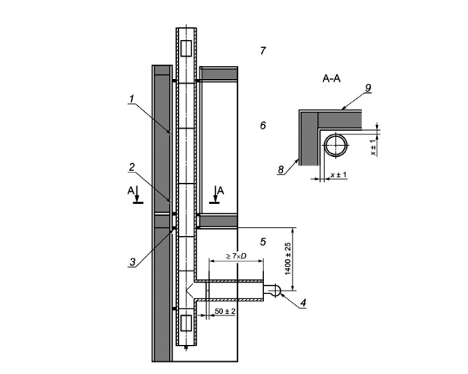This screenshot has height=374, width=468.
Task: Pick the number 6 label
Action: (263, 126)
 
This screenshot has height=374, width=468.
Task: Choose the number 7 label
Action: (263, 50)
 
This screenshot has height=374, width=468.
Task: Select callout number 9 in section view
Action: (369, 88)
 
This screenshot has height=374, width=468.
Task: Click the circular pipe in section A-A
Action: (335, 145)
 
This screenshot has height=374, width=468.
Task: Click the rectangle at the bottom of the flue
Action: (185, 325)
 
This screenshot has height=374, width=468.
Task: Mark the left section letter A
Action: (131, 190)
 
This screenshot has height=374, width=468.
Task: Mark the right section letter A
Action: (221, 190)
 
